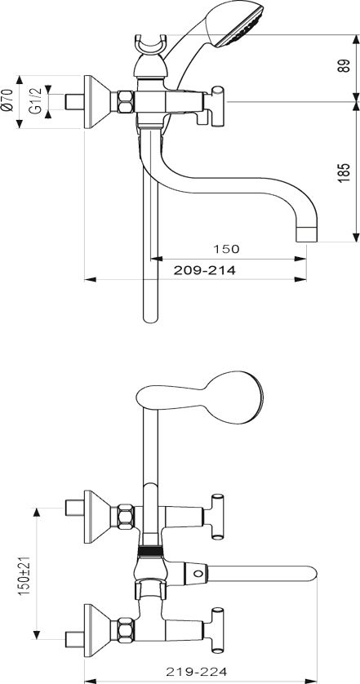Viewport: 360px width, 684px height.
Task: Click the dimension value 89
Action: (344, 66)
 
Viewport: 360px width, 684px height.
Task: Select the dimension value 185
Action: (344, 172)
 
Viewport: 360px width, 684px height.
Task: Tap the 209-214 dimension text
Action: (205, 270)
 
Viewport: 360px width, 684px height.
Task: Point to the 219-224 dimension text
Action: (197, 673)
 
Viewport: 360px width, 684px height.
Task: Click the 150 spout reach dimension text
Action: (226, 249)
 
